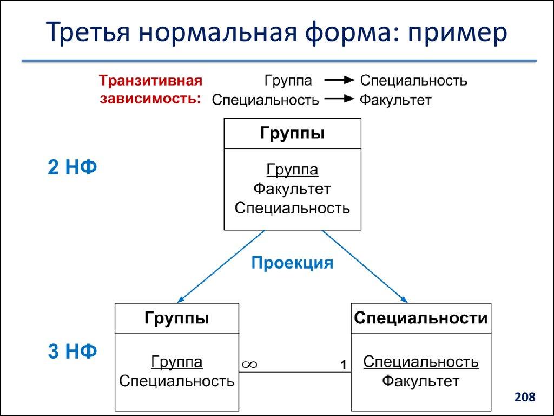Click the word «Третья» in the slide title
tap(87, 33)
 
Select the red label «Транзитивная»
tap(150, 81)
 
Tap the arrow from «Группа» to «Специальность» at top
tap(339, 81)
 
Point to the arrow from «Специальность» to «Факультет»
tap(339, 99)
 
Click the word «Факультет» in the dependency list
tap(395, 100)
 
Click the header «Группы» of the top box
tap(292, 133)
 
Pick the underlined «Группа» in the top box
tap(292, 170)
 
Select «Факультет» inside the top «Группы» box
tap(292, 189)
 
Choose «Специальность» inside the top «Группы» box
tap(292, 208)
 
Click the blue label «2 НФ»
tap(72, 168)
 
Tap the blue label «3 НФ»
tap(72, 352)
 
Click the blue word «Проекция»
tap(292, 263)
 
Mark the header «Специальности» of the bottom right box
tap(421, 318)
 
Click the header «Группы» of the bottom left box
tap(176, 318)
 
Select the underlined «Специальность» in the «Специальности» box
tap(421, 361)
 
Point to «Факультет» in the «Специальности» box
tap(421, 381)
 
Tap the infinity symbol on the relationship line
tap(249, 365)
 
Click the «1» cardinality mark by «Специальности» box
tap(343, 365)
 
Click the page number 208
tap(524, 398)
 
